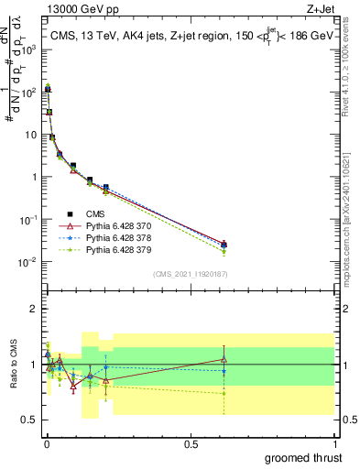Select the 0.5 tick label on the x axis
[191, 443]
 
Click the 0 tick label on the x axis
[46, 443]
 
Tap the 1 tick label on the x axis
[334, 443]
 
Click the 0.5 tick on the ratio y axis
[30, 420]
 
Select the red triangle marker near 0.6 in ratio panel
[224, 359]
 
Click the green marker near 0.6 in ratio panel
[224, 393]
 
